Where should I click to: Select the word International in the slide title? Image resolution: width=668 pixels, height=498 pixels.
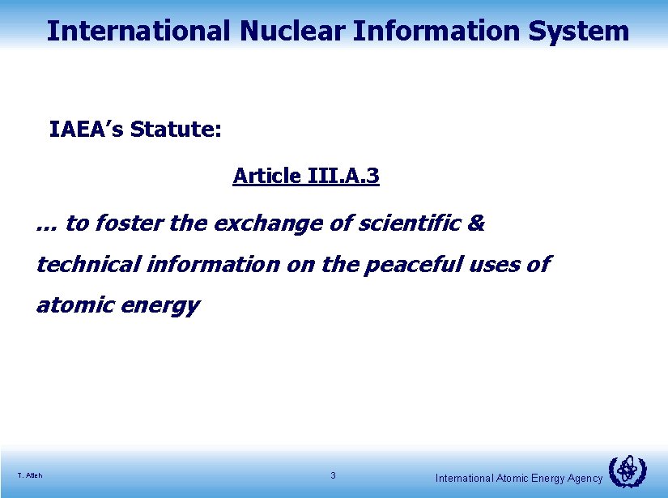[x=138, y=31]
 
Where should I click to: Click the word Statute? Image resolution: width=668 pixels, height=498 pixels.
[x=176, y=130]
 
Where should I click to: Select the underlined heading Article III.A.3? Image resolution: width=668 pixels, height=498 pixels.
[x=305, y=176]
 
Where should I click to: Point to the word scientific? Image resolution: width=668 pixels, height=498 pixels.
[x=410, y=223]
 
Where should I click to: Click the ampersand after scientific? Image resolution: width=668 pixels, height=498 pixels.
[x=476, y=223]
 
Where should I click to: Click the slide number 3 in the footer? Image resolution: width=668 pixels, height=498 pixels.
[x=333, y=475]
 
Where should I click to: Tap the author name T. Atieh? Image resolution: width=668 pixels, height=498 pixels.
[x=29, y=475]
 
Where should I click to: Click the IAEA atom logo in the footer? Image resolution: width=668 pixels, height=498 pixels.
[x=627, y=471]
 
